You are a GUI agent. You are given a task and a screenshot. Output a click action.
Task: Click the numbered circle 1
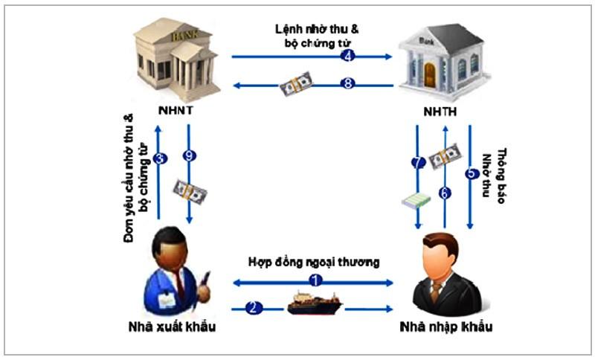315,280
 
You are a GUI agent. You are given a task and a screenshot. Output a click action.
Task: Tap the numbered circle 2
254,306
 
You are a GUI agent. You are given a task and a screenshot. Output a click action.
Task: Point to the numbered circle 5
471,174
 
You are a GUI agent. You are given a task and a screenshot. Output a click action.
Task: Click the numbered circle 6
446,193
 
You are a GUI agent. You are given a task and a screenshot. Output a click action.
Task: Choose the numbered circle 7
418,161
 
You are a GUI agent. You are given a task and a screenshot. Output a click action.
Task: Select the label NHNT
175,111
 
